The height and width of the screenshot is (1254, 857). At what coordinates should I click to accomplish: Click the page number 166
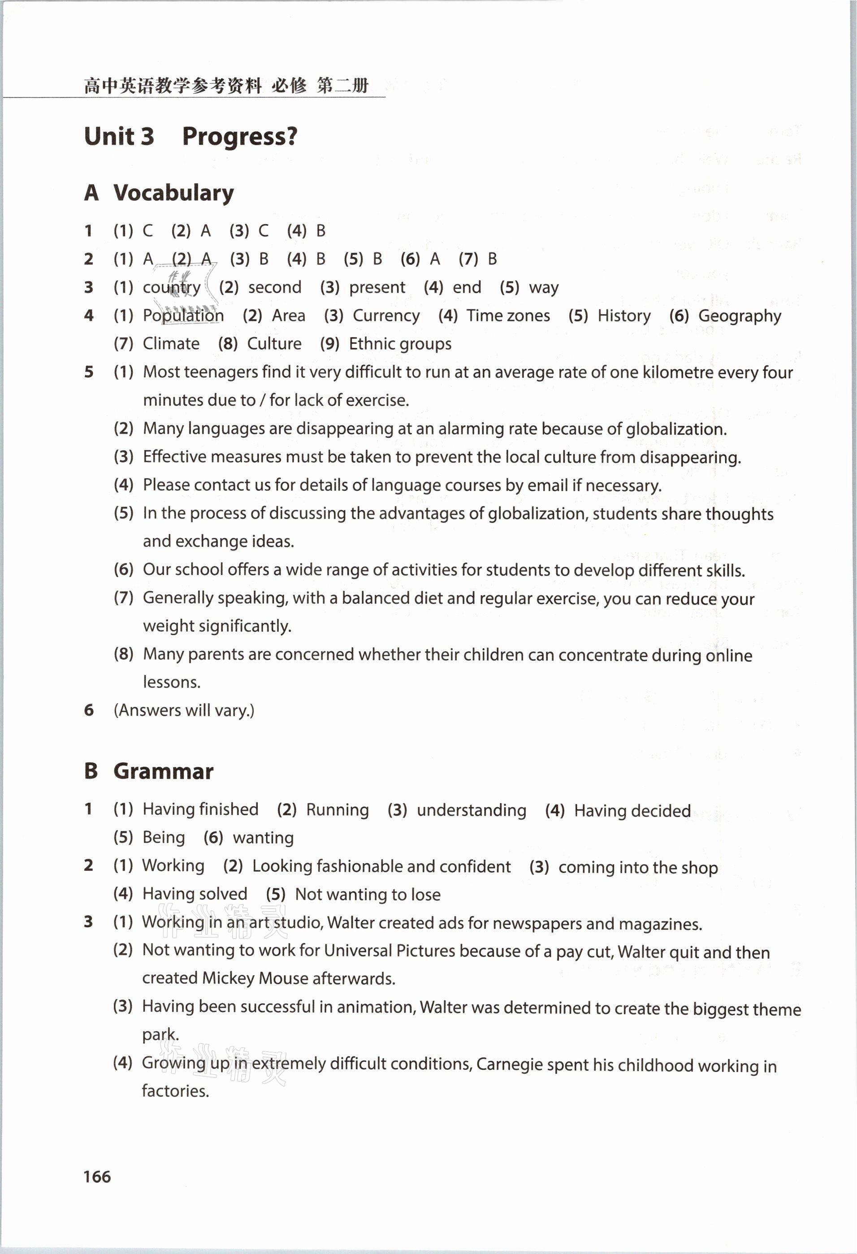tap(97, 1176)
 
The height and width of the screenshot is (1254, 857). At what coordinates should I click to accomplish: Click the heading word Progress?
tap(240, 137)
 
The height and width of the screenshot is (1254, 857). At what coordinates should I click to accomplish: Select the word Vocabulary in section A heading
tap(174, 193)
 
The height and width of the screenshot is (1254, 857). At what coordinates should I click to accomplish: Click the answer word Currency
tap(386, 316)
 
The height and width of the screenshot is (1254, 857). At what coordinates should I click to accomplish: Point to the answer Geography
tap(740, 316)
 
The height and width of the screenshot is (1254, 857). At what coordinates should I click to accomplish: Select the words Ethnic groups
tap(400, 344)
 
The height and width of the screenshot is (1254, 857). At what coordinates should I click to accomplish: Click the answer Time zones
tap(508, 316)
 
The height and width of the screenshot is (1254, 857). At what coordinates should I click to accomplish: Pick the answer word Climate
tap(170, 344)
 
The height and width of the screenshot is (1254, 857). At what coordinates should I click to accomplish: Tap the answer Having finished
tap(200, 809)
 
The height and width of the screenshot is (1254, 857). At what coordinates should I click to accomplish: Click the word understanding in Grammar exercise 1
tap(471, 810)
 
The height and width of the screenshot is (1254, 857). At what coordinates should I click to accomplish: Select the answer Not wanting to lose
tap(368, 894)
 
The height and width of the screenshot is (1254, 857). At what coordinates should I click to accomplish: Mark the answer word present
tap(377, 288)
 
